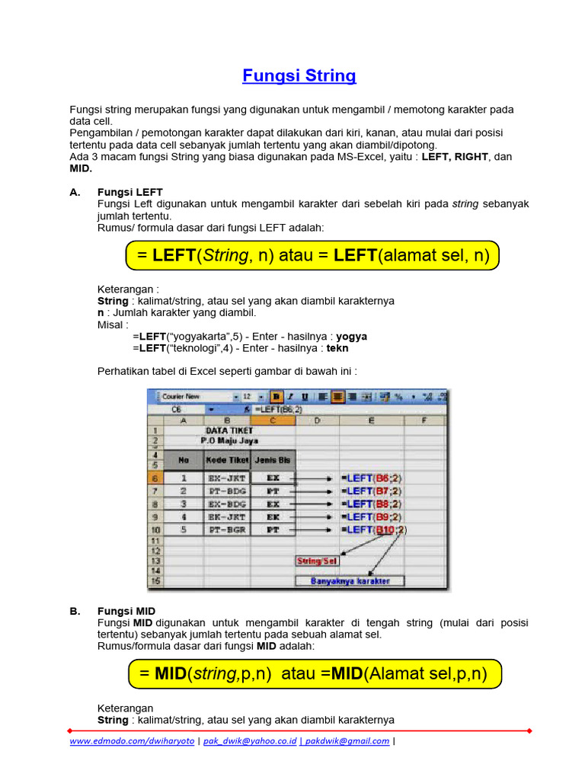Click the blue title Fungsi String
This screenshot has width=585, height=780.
299,76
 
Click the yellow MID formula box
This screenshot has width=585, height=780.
311,674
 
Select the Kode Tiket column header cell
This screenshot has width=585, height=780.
227,460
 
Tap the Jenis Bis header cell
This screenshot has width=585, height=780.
272,460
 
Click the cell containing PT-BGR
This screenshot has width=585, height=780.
227,529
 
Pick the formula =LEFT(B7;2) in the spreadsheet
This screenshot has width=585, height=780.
372,491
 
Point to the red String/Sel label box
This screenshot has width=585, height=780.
317,561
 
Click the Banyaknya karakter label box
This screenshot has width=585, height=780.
350,580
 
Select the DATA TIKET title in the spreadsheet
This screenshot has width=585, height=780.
229,430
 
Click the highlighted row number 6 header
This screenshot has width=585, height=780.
155,478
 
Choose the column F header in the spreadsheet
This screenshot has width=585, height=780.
424,420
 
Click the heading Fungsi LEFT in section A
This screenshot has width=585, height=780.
130,192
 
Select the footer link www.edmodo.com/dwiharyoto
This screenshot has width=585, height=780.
132,741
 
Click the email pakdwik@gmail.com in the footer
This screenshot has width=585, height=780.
347,741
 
